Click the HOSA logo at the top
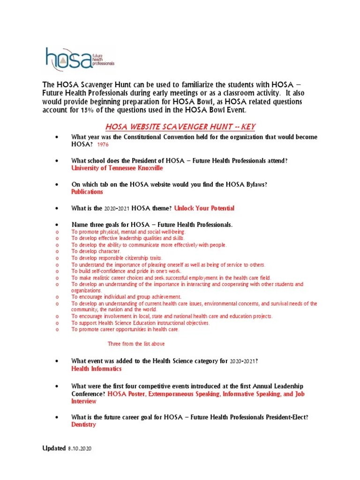79,59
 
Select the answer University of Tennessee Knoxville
117,168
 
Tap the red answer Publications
87,192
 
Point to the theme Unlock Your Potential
204,208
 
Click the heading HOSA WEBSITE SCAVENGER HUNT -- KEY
180,127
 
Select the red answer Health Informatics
96,369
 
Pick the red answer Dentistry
83,425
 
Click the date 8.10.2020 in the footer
80,449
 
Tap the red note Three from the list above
136,344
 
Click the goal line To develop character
96,252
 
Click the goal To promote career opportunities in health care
125,330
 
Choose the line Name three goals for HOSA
152,225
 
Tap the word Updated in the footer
54,449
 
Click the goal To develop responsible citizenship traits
117,258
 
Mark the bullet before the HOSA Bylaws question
57,185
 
